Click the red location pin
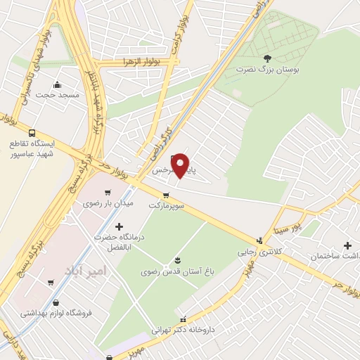tap(181, 165)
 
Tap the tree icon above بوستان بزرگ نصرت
tap(266, 58)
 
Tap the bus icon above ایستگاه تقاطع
tap(32, 132)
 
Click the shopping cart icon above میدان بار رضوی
tap(107, 192)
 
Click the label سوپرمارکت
tap(166, 207)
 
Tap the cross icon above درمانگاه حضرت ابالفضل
tap(118, 226)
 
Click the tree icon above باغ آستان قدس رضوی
tap(176, 259)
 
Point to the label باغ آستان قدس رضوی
tap(176, 271)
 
